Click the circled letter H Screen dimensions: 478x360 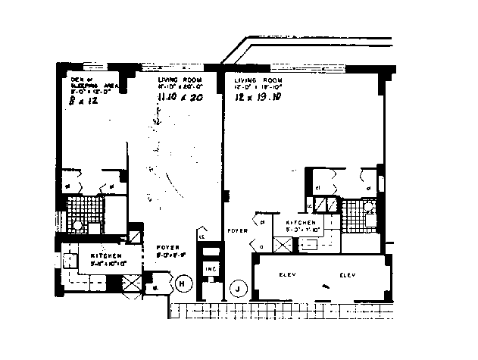(x=183, y=284)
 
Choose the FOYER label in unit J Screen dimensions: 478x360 (x=236, y=229)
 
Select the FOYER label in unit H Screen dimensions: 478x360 (x=168, y=247)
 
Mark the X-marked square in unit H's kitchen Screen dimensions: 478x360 (x=131, y=286)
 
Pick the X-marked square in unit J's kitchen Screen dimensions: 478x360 (x=284, y=245)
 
